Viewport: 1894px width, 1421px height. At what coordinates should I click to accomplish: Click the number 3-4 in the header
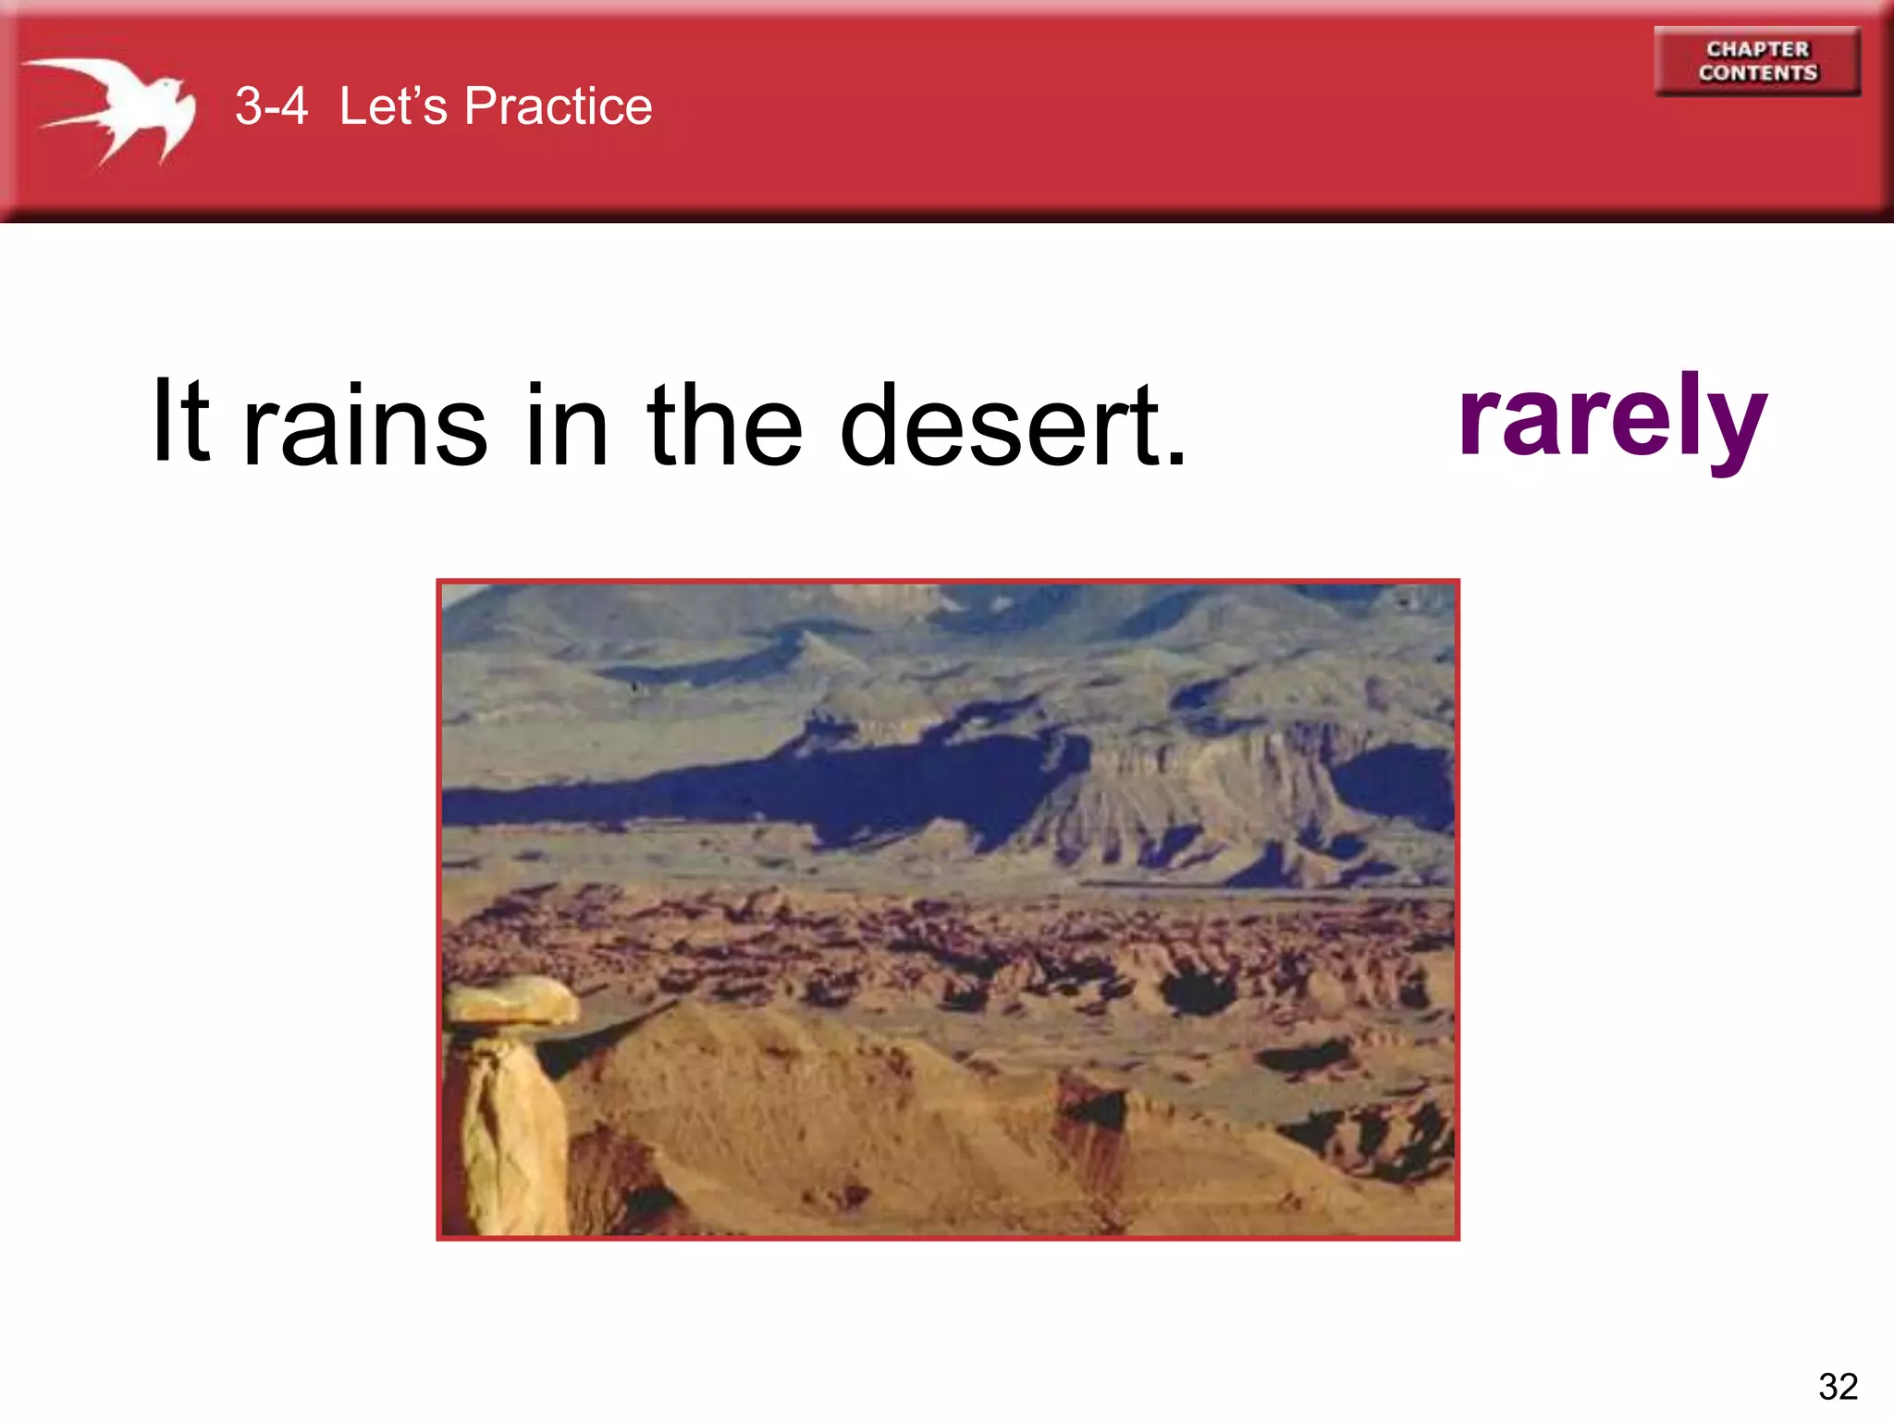[271, 106]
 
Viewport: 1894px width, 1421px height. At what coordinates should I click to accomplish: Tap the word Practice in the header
[558, 106]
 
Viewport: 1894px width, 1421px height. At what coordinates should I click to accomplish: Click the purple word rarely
[1612, 418]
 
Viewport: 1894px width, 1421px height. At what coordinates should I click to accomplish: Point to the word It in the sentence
[181, 421]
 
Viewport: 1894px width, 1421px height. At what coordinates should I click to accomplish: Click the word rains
[364, 426]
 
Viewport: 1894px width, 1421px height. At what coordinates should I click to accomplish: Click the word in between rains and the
[566, 426]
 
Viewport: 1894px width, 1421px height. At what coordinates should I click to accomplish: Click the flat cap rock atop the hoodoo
[510, 1003]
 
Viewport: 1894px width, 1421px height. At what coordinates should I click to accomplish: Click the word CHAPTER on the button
[1757, 49]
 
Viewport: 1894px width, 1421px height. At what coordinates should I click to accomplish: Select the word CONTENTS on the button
[1757, 73]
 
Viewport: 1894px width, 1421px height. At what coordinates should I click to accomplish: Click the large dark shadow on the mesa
[832, 786]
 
